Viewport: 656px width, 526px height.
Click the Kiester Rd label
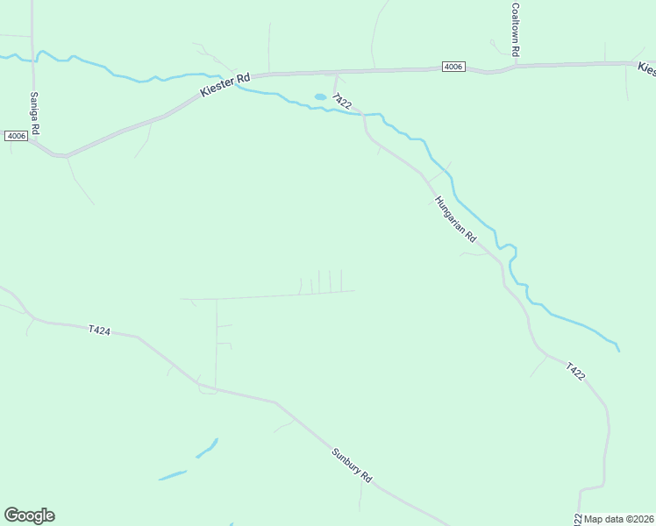[225, 84]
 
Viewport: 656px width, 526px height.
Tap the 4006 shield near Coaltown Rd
[453, 67]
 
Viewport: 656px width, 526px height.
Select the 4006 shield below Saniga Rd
[16, 136]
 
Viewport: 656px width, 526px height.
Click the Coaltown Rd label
[517, 30]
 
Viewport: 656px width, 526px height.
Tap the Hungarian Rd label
[455, 219]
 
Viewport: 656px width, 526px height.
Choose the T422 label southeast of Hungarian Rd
[574, 371]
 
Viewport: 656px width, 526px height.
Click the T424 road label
[100, 330]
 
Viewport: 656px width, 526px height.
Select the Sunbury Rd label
[353, 466]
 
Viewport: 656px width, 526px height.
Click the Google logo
[29, 515]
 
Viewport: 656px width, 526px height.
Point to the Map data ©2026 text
[619, 519]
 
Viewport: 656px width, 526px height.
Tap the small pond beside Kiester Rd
[320, 96]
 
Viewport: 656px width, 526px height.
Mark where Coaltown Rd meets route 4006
[516, 65]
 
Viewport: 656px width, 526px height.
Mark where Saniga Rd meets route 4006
[33, 141]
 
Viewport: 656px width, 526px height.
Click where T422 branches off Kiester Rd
[334, 74]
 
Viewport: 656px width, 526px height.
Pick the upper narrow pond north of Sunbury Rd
[207, 448]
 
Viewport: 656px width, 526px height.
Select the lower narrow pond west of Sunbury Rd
[173, 475]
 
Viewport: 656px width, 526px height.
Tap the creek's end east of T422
[618, 351]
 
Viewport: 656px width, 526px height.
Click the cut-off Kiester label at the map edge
[646, 68]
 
